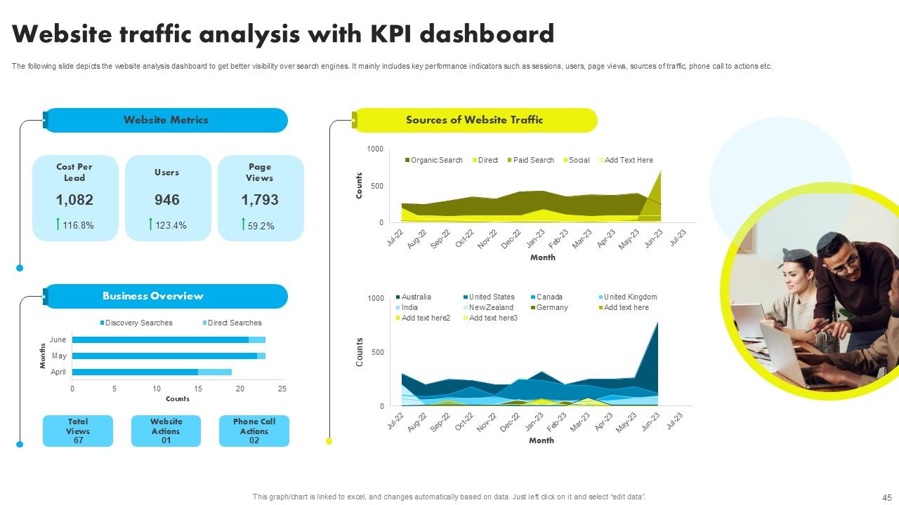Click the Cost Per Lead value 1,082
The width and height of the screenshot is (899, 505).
pos(74,200)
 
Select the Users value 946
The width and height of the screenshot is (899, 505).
pos(167,200)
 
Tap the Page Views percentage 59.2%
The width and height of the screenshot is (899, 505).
pos(261,226)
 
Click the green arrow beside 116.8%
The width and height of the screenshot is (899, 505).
pos(58,224)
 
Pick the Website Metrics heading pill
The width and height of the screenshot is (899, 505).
pos(166,120)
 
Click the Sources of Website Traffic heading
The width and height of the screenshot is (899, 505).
pos(474,120)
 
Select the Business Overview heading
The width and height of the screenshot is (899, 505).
pos(152,296)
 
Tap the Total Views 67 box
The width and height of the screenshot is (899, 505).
pos(77,431)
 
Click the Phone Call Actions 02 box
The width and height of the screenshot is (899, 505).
pos(254,431)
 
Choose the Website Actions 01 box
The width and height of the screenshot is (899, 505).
pos(166,431)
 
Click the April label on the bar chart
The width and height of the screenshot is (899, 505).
pos(58,372)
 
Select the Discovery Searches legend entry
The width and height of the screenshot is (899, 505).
pos(138,323)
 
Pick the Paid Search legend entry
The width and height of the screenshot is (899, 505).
pos(532,160)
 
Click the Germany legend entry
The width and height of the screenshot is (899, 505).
pos(551,307)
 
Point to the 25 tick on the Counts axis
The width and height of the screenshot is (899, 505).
pos(282,389)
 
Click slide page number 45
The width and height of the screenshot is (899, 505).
pos(886,497)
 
